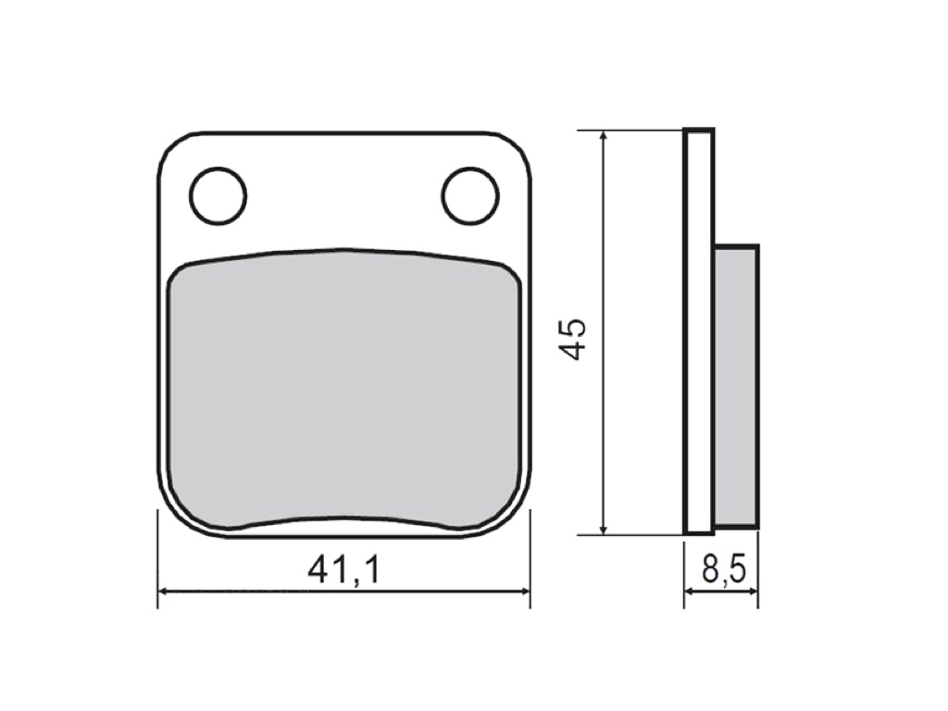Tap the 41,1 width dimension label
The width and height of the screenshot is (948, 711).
click(344, 569)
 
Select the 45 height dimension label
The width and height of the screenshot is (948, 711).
click(572, 339)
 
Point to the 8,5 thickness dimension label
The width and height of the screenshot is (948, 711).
click(724, 569)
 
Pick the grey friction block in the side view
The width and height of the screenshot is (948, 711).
click(736, 386)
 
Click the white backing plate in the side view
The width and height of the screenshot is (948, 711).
click(699, 331)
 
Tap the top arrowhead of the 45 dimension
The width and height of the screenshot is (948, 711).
click(604, 136)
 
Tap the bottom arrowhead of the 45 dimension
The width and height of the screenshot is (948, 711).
click(604, 529)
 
